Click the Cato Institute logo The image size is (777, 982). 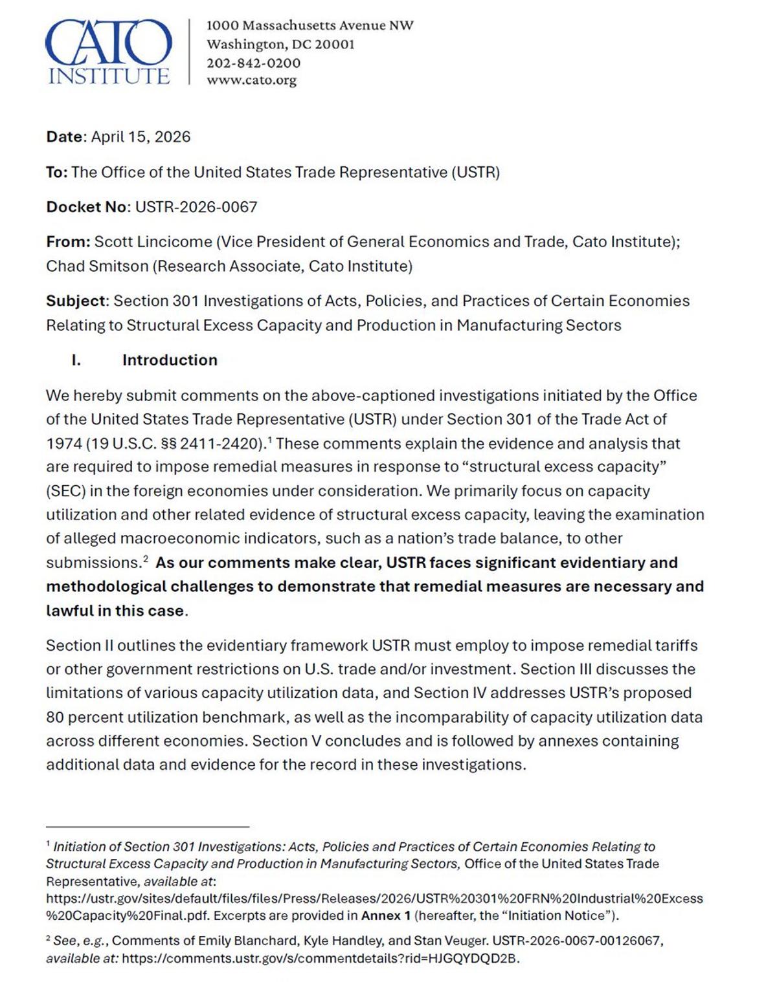pyautogui.click(x=108, y=52)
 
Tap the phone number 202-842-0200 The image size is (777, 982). pyautogui.click(x=253, y=63)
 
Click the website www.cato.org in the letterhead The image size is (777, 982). pyautogui.click(x=251, y=80)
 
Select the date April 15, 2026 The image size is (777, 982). pyautogui.click(x=141, y=137)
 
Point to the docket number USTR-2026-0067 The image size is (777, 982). pyautogui.click(x=196, y=207)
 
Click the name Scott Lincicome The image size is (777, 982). pyautogui.click(x=153, y=242)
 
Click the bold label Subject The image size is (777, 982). pyautogui.click(x=75, y=301)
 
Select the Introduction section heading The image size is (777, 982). pyautogui.click(x=170, y=360)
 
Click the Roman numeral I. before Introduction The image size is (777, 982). pyautogui.click(x=76, y=360)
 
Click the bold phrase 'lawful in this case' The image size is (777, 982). pyautogui.click(x=115, y=611)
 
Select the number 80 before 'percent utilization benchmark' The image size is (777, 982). pyautogui.click(x=55, y=717)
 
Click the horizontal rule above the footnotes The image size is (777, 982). pyautogui.click(x=148, y=827)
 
